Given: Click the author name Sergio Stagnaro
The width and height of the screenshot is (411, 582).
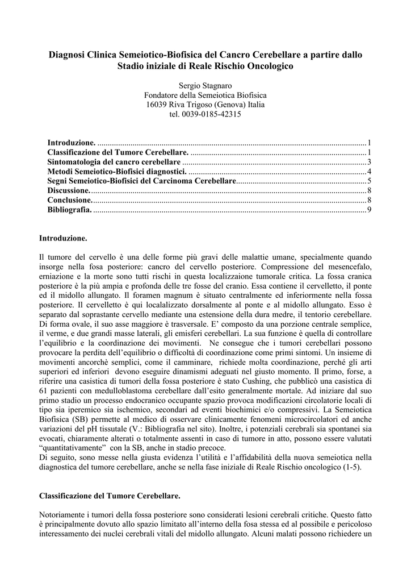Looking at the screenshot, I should click(x=205, y=85).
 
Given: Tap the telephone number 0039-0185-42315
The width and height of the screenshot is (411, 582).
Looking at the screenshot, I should click(x=214, y=114).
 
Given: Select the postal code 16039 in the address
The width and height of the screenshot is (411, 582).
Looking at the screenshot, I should click(x=157, y=105).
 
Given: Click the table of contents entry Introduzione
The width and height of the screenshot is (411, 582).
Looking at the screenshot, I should click(x=72, y=143).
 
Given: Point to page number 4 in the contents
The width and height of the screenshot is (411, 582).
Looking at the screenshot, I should click(x=369, y=172).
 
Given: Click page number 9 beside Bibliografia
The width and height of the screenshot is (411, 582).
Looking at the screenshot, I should click(x=369, y=210).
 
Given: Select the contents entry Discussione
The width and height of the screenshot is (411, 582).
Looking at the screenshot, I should click(x=69, y=191).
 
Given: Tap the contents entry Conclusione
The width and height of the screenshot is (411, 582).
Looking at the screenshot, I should click(x=69, y=201).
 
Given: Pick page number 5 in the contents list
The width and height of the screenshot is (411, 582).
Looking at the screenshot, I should click(x=369, y=181).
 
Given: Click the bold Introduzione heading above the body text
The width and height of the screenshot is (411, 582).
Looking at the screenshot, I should click(x=63, y=238).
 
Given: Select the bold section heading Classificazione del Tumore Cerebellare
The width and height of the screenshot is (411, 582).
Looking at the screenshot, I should click(x=110, y=496).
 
